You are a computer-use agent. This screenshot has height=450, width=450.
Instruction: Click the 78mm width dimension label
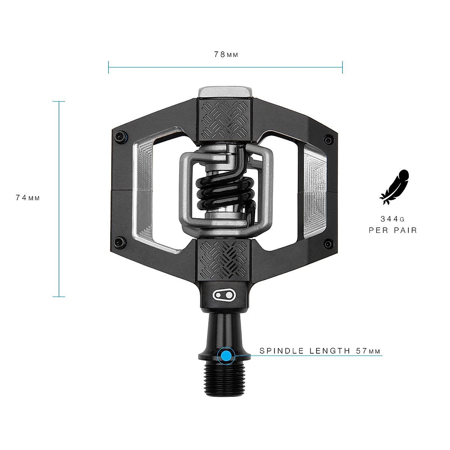[x=226, y=55]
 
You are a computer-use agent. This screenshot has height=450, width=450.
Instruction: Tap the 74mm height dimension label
[x=28, y=198]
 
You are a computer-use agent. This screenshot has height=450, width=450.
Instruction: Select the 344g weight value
[x=393, y=219]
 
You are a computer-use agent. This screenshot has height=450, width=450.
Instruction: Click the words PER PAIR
[x=393, y=230]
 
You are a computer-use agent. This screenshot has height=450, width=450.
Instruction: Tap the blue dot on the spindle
[x=226, y=355]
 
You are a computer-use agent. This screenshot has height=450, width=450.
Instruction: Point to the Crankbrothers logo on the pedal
[x=225, y=295]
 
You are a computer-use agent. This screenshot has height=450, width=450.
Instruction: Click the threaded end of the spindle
[x=225, y=379]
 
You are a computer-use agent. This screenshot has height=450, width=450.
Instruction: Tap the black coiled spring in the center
[x=224, y=192]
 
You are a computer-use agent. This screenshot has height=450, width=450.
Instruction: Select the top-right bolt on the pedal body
[x=328, y=140]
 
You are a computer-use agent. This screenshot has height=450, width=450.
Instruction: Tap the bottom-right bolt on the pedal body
[x=328, y=244]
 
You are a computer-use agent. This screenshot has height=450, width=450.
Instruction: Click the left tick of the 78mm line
[x=108, y=67]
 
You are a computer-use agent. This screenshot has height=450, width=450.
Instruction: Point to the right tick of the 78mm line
[x=342, y=67]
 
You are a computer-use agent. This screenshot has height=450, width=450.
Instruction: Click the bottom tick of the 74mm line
[x=59, y=297]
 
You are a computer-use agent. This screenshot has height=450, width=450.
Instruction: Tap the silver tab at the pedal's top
[x=225, y=92]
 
